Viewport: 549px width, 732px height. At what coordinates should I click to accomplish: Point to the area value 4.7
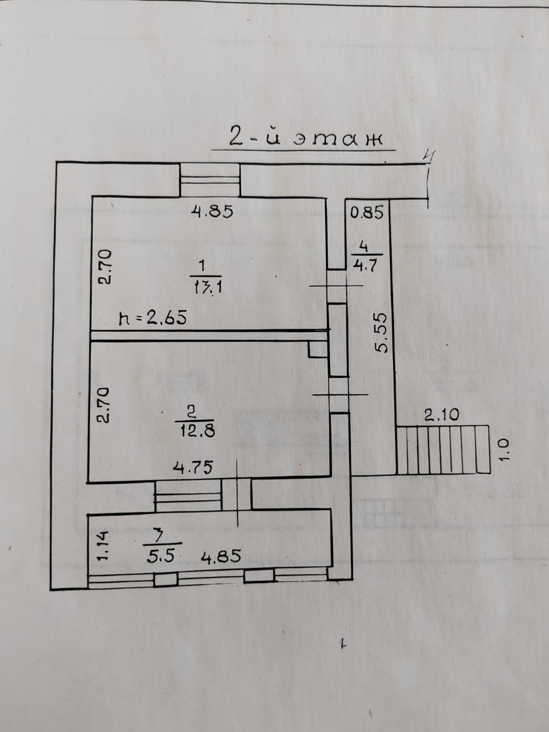[x=365, y=266]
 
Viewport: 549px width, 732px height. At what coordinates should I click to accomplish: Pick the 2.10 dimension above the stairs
[x=441, y=415]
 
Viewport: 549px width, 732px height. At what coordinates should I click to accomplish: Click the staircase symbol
[x=441, y=449]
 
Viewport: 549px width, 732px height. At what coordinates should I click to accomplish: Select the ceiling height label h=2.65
[x=152, y=317]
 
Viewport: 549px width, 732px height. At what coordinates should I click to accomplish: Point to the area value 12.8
[x=196, y=431]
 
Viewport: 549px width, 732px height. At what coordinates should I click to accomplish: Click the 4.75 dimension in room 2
[x=192, y=468]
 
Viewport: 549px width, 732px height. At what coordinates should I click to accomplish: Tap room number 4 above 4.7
[x=364, y=247]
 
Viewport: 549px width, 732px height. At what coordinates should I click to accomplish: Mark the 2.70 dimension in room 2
[x=103, y=404]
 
